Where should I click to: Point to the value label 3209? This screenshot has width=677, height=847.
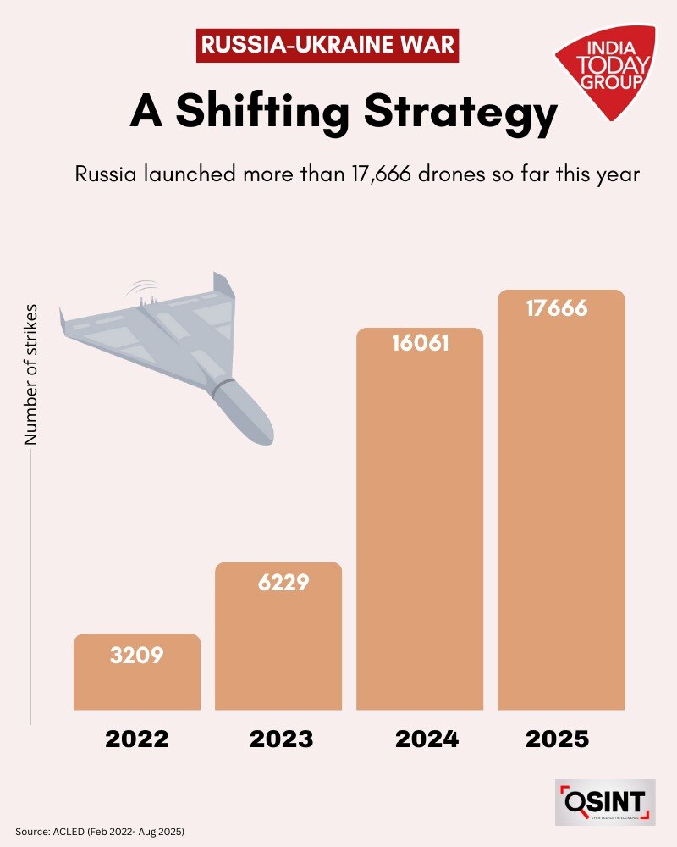[136, 655]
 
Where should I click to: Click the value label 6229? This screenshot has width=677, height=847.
[278, 583]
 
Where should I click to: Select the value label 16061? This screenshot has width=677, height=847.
[420, 345]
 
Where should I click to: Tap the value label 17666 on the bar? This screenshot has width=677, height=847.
[557, 307]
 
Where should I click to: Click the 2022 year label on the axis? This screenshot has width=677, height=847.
[137, 739]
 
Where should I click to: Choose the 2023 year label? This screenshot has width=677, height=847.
[281, 739]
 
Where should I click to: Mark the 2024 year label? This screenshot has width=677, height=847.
[427, 739]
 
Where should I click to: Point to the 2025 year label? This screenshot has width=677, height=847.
[557, 739]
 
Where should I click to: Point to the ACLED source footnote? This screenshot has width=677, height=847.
[100, 833]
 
